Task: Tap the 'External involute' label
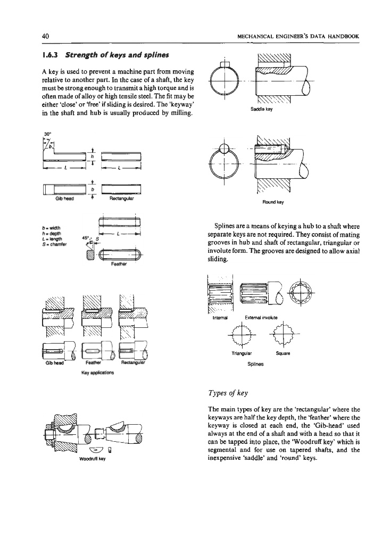click(x=257, y=317)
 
